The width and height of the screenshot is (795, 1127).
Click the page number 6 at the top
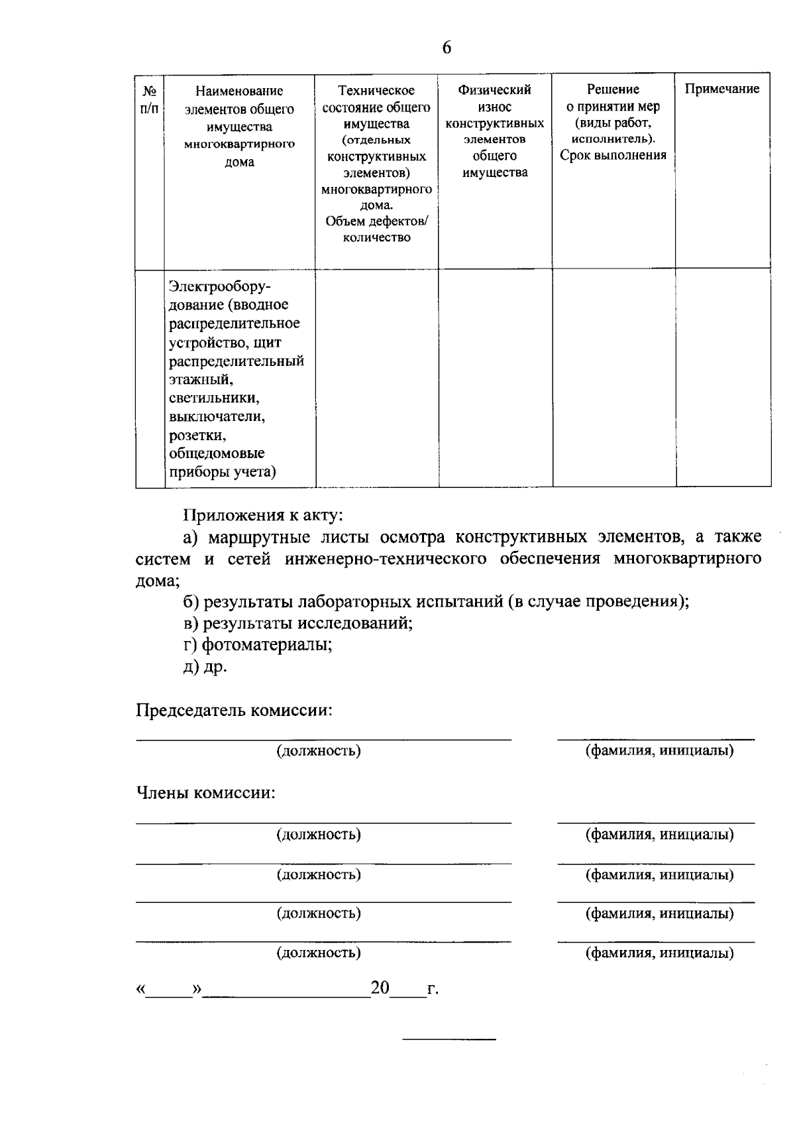point(447,48)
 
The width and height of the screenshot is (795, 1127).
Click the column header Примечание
point(722,89)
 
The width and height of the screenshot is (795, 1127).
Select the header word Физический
point(494,89)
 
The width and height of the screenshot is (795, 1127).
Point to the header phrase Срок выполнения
point(613,156)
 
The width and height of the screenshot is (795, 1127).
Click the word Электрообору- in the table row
point(220,286)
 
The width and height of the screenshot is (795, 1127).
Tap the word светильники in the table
point(214,398)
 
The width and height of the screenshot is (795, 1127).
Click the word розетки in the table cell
point(198,436)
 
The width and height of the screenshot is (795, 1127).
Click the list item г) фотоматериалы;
point(258,644)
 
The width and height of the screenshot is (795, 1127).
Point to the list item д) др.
point(205,666)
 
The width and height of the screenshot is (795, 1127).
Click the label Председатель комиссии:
point(234,711)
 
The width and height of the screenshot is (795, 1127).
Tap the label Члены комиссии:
point(205,793)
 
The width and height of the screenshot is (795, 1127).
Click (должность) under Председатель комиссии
point(319,751)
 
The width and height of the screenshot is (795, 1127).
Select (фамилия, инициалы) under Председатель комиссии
point(659,751)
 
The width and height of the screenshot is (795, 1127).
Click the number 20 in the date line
point(380,988)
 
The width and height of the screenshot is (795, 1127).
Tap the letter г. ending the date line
point(433,990)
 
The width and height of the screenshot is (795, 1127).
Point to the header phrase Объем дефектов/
point(377,221)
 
